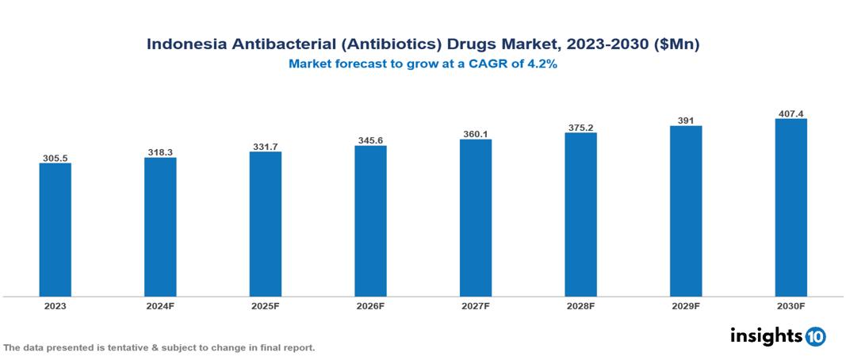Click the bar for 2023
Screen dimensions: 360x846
56,230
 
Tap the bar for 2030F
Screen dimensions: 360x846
790,208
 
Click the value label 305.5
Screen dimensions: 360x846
56,158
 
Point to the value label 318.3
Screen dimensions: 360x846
160,151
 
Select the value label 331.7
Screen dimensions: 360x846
266,146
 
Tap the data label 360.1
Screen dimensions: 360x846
476,134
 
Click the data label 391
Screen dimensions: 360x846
686,120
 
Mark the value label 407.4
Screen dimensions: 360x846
790,113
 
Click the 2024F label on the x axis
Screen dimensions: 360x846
160,305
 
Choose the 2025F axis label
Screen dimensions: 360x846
266,305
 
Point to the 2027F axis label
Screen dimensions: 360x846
476,305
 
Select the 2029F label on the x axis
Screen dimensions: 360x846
686,305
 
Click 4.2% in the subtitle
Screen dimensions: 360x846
543,64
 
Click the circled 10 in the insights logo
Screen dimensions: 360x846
815,336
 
